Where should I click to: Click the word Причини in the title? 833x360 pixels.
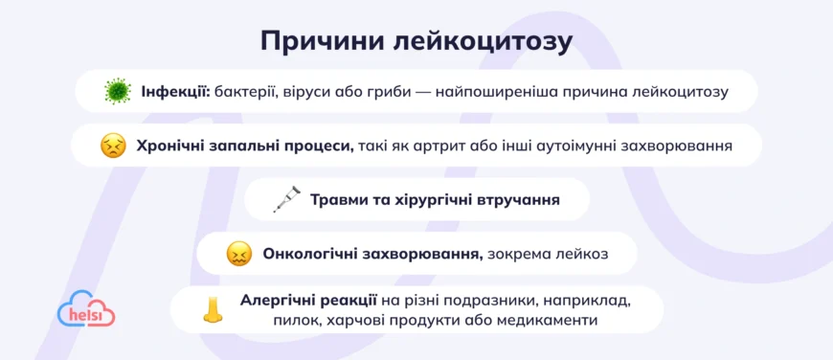319,41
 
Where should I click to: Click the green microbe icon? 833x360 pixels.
117,92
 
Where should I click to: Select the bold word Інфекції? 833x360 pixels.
176,92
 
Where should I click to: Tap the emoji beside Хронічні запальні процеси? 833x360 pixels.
113,146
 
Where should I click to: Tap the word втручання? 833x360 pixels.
517,200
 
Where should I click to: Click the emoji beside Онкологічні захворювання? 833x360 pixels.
238,254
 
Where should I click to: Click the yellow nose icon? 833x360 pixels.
213,309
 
